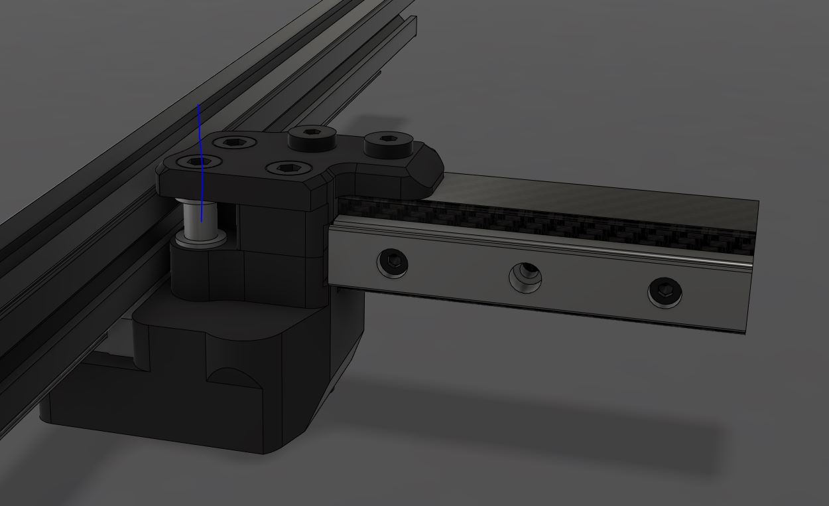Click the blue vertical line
[200, 133]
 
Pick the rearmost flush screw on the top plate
[235, 141]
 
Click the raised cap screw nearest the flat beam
[388, 141]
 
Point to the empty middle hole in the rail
[525, 276]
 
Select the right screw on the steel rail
[665, 291]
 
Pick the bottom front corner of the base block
[265, 452]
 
